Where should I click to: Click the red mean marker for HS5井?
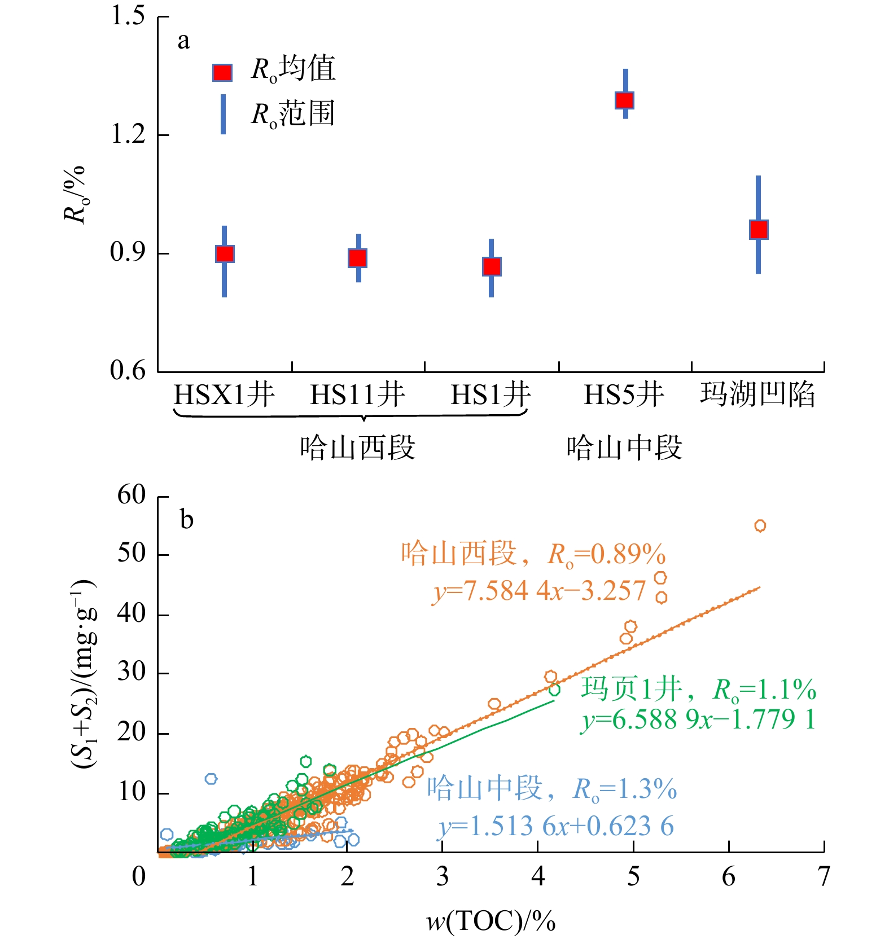[624, 100]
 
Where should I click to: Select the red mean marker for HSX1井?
[225, 254]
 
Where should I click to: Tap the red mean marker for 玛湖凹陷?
[759, 230]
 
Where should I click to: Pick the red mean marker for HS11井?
[358, 258]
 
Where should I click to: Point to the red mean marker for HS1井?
[492, 266]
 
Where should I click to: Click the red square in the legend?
[222, 73]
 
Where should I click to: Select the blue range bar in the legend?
[224, 114]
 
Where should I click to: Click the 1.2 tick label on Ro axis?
[128, 135]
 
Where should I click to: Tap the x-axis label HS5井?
[624, 394]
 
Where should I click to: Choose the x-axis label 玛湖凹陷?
[757, 394]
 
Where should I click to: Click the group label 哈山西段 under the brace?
[358, 448]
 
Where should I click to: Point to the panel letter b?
[186, 519]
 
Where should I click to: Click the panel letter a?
[183, 41]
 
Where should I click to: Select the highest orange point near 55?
[760, 526]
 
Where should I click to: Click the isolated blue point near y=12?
[211, 779]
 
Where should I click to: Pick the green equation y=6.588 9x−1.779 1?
[698, 719]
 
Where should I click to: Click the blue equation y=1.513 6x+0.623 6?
[556, 827]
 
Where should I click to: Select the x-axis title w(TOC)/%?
[491, 922]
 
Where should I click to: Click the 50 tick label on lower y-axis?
[132, 554]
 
